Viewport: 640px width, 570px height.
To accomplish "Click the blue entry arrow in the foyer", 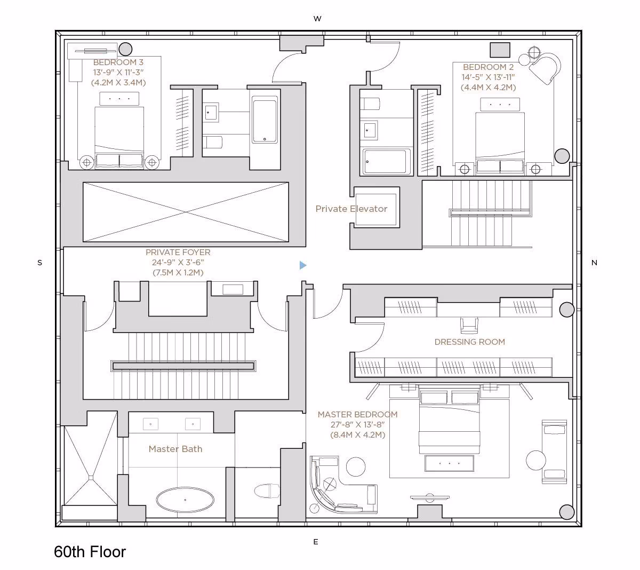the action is [x=302, y=265].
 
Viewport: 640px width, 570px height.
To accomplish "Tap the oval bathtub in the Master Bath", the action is [x=185, y=500].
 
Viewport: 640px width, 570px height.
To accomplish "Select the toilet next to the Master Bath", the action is [x=267, y=491].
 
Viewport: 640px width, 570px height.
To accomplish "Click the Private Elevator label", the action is [x=351, y=209].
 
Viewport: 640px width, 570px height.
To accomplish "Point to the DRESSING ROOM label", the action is [x=470, y=342].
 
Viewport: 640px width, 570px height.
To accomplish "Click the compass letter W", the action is [x=317, y=19].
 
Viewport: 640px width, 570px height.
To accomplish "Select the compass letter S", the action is [x=40, y=263].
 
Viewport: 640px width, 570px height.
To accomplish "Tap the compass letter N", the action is [x=594, y=263].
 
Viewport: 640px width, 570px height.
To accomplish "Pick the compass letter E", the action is [x=316, y=542].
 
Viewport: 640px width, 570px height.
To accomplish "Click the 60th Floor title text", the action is [x=90, y=552].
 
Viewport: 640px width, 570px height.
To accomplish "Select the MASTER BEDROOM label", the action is [x=357, y=415].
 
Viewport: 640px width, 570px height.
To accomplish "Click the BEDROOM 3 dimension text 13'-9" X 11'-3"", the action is [x=118, y=73].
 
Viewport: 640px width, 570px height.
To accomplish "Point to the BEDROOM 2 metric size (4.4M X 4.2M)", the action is [x=489, y=88].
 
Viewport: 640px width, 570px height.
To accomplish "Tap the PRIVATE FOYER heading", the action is [x=178, y=252].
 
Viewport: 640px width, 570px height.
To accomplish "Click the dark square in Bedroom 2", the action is [x=500, y=50].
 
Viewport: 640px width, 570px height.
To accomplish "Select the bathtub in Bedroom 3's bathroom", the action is [x=265, y=120].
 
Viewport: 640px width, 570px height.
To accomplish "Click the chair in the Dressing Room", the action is [x=469, y=326].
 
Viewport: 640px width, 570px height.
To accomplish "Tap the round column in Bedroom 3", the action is [x=125, y=49].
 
